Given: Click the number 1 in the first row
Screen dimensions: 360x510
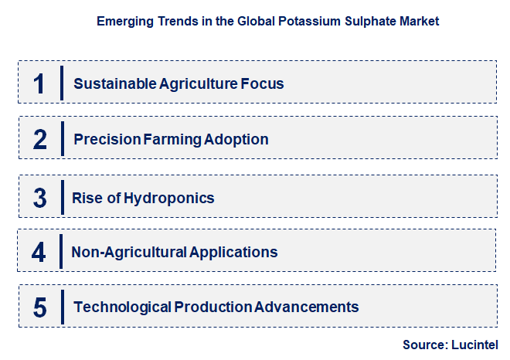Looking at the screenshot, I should click(x=39, y=83).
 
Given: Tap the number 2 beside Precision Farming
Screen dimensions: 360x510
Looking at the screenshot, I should click(x=39, y=139).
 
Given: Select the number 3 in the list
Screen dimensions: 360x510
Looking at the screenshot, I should click(x=39, y=198).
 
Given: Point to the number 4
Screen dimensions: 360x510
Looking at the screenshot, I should click(x=39, y=252).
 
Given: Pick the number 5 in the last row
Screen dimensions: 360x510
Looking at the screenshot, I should click(x=39, y=307).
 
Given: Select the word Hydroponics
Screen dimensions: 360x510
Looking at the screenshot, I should click(x=170, y=199).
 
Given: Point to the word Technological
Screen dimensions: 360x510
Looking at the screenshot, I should click(x=122, y=307).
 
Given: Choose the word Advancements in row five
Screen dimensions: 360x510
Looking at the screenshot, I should click(x=307, y=307).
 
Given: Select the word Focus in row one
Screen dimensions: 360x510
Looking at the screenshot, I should click(x=263, y=83).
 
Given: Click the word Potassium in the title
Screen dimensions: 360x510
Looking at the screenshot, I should click(x=300, y=22).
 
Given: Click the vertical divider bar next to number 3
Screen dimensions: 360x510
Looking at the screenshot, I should click(x=62, y=197).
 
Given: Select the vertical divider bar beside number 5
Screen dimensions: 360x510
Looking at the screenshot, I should click(x=62, y=306).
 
